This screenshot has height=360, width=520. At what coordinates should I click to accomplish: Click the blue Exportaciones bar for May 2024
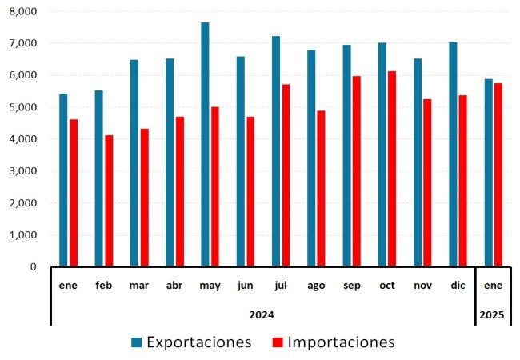tap(205, 144)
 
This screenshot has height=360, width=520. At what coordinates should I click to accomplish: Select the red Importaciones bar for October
tap(391, 169)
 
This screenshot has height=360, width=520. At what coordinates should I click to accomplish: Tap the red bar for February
tap(109, 201)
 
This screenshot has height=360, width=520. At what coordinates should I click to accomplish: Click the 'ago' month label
tap(316, 285)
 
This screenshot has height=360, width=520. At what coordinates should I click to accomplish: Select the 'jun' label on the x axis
tap(246, 285)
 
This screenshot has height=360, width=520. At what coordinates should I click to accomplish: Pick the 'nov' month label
tap(422, 285)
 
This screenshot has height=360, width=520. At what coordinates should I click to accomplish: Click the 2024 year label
tap(262, 314)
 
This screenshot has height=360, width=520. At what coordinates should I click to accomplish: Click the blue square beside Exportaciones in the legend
tap(137, 342)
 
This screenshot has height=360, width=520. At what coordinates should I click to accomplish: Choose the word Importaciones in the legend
tap(341, 342)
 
